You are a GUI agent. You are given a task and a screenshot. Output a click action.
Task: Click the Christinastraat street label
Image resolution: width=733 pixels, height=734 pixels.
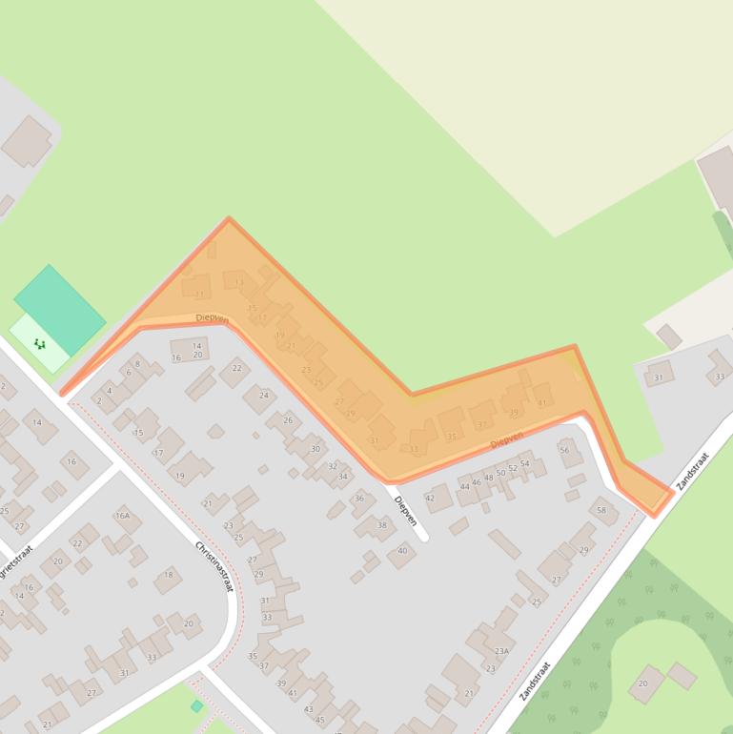pyautogui.click(x=214, y=566)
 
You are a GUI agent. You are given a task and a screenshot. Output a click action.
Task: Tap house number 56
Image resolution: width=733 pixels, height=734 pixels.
pyautogui.click(x=564, y=451)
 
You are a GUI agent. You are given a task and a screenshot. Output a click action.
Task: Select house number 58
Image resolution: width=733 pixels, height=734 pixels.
pyautogui.click(x=601, y=510)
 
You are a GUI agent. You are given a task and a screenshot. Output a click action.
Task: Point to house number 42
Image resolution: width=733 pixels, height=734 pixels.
pyautogui.click(x=430, y=498)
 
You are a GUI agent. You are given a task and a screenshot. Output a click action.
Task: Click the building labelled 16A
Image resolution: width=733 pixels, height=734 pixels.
pyautogui.click(x=122, y=516)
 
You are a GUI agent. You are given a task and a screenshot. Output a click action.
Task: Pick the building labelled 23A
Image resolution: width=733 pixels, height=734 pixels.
pyautogui.click(x=501, y=651)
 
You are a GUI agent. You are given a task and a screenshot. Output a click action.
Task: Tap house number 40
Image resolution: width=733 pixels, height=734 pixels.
pyautogui.click(x=402, y=551)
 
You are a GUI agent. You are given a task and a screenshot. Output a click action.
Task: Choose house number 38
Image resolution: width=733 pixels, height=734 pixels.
pyautogui.click(x=382, y=525)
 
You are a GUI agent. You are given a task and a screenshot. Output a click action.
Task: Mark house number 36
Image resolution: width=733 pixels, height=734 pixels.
pyautogui.click(x=359, y=499)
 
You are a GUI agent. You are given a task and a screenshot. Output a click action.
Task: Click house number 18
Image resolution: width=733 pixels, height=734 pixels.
pyautogui.click(x=169, y=575)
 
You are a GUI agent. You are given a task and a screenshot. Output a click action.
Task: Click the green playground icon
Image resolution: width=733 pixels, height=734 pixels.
pyautogui.click(x=39, y=343)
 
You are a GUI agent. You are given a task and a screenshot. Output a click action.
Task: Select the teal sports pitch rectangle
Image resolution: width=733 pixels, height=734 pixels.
pyautogui.click(x=60, y=310)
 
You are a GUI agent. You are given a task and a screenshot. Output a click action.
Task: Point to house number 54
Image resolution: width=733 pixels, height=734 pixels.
pyautogui.click(x=524, y=464)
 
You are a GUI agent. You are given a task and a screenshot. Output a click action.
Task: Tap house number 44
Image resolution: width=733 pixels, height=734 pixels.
pyautogui.click(x=465, y=486)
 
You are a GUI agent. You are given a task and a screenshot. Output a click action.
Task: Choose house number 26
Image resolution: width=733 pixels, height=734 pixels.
pyautogui.click(x=288, y=420)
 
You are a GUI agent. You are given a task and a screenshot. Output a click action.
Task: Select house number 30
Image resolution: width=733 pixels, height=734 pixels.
pyautogui.click(x=316, y=448)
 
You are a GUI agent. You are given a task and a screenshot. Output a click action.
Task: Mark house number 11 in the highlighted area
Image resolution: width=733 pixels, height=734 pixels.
pyautogui.click(x=199, y=295)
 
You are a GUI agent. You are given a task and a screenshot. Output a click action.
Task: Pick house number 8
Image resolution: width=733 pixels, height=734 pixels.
pyautogui.click(x=137, y=364)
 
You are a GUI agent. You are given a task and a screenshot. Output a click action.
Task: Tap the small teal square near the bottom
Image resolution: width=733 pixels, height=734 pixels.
pyautogui.click(x=196, y=706)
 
